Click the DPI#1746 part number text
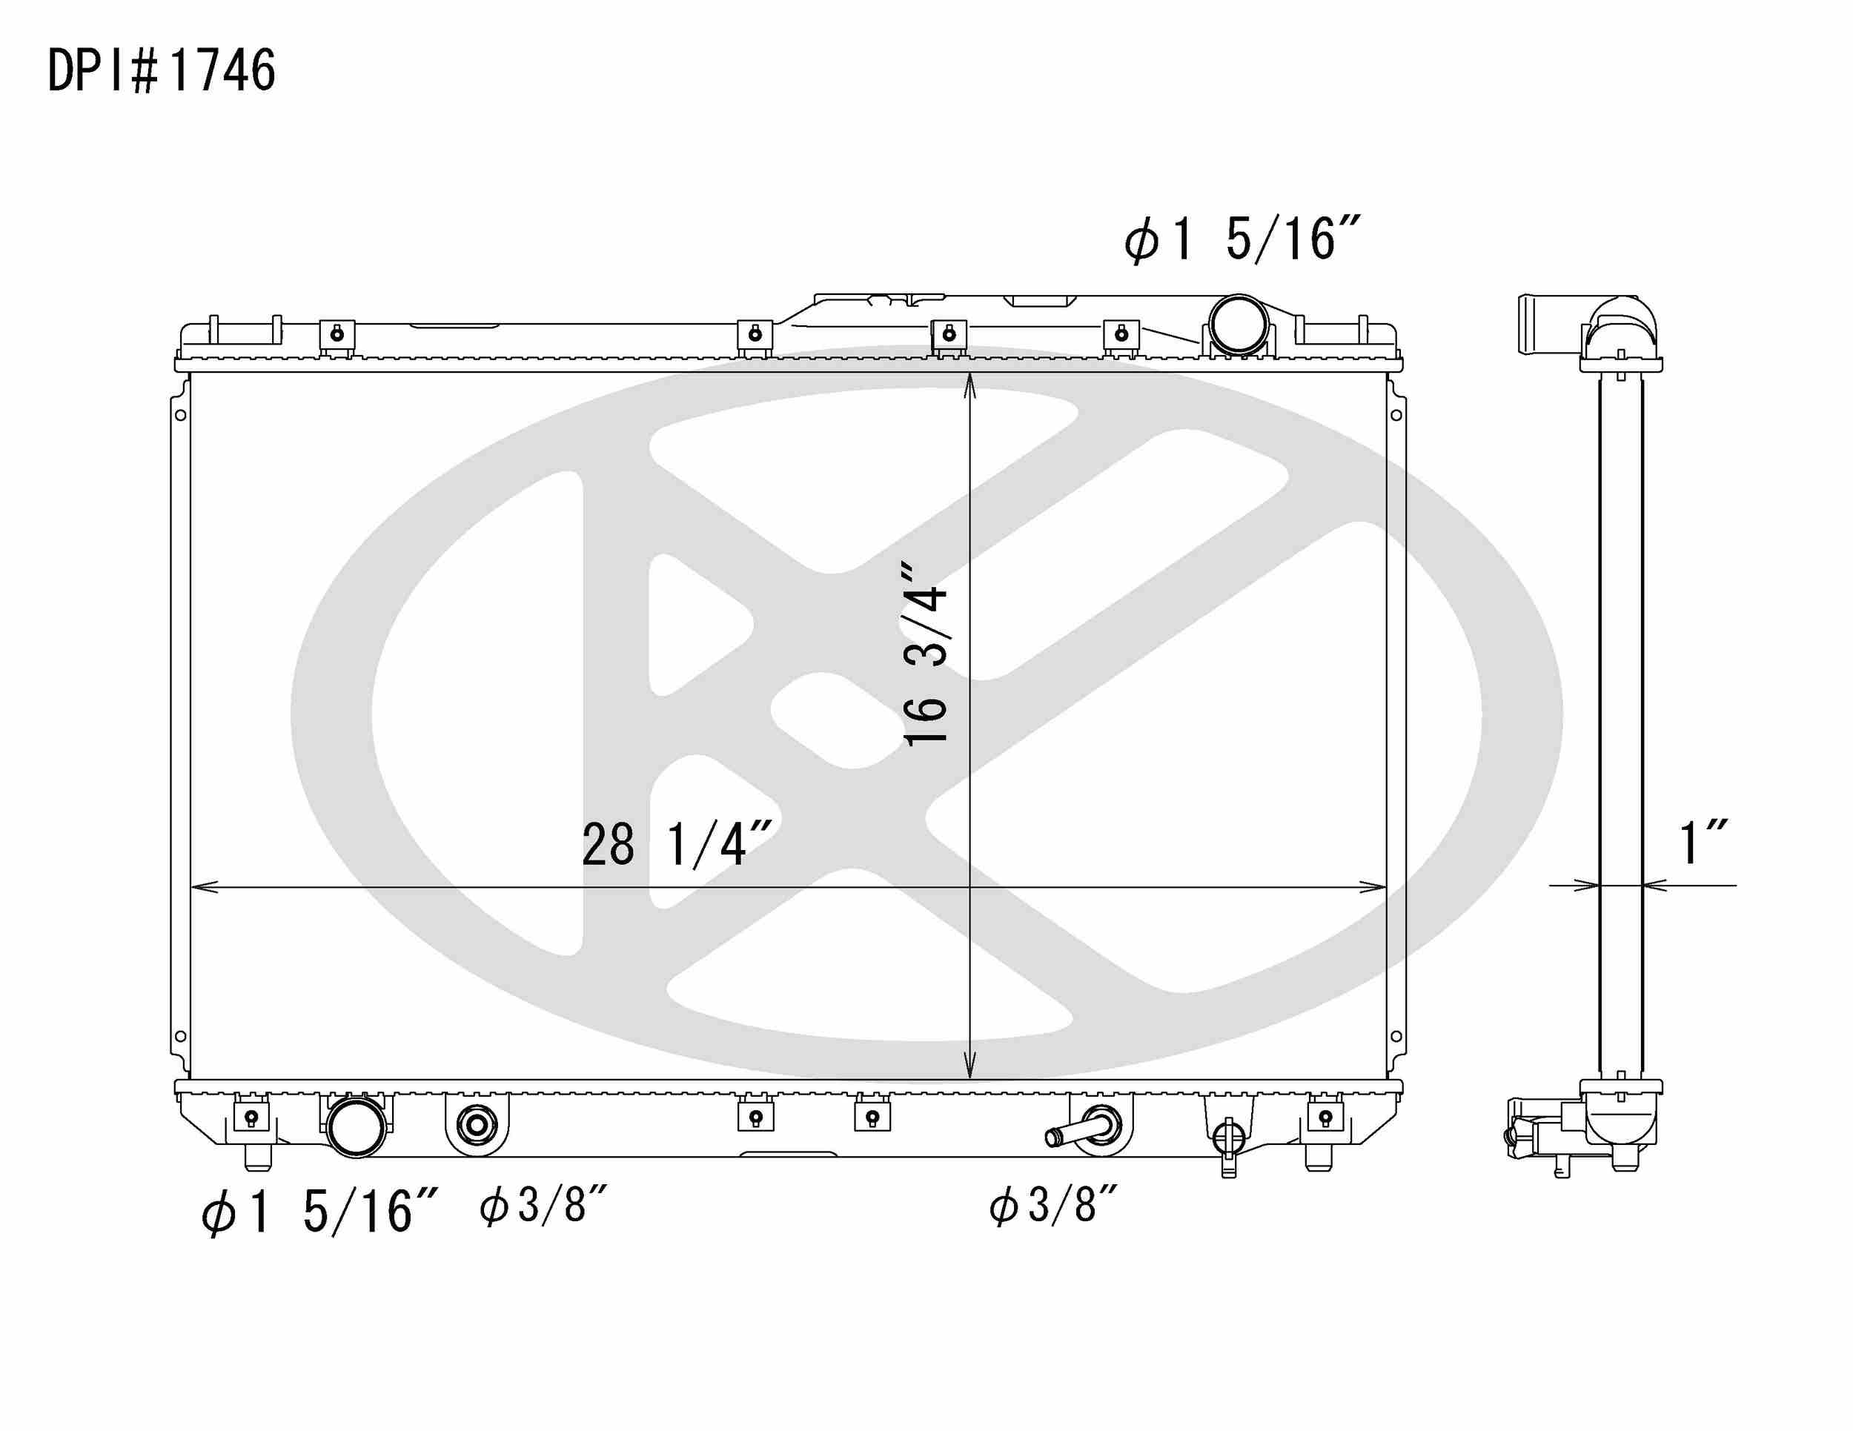161,70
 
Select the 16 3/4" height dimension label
926,653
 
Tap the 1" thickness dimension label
1704,843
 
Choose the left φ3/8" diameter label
544,1204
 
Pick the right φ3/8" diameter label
1054,1204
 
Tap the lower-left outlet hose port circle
357,1126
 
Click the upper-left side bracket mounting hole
181,415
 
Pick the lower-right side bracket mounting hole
1396,1037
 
